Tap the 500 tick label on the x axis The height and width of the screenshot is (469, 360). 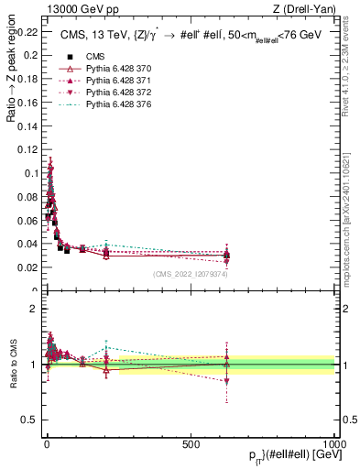click(x=191, y=443)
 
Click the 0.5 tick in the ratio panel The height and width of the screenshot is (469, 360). click(x=33, y=420)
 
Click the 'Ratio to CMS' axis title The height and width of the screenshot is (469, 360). click(x=14, y=365)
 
